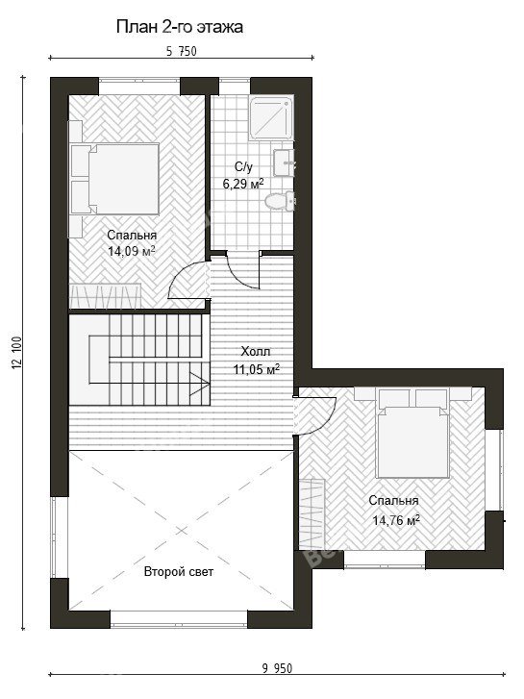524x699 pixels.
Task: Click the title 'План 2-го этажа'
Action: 179,27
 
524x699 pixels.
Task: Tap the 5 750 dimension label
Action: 182,51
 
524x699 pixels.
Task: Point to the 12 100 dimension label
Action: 18,353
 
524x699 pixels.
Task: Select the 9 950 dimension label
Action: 278,668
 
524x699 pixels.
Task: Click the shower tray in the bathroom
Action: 271,117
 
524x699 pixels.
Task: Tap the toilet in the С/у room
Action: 280,201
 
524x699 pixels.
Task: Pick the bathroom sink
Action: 284,163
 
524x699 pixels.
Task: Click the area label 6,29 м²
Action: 243,184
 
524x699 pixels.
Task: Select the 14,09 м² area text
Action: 132,251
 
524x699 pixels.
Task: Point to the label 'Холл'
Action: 256,351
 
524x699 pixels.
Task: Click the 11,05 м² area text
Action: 257,369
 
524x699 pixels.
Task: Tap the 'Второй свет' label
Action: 179,572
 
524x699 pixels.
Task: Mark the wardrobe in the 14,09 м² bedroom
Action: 105,295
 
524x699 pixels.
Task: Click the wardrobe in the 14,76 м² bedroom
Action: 312,514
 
